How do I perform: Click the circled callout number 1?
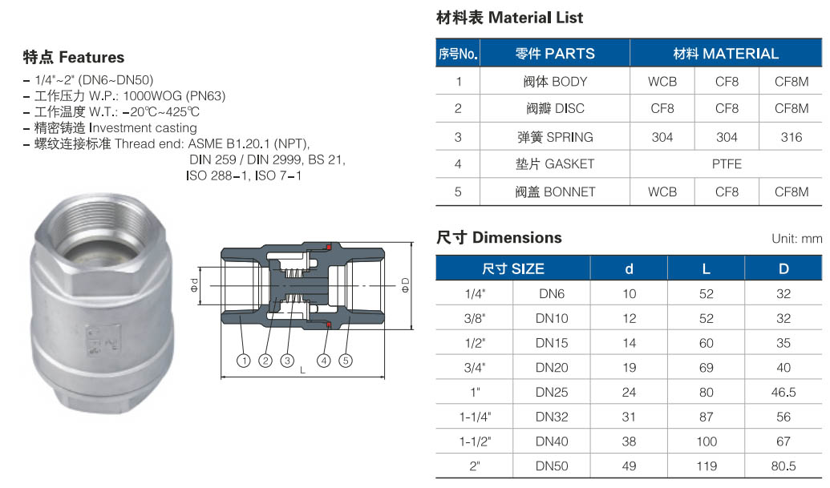click(x=244, y=361)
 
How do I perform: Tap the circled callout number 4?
click(x=323, y=361)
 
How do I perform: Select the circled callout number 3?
click(x=287, y=361)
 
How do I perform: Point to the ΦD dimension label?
click(x=406, y=285)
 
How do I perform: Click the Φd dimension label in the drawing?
click(x=194, y=285)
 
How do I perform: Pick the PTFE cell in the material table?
click(x=727, y=164)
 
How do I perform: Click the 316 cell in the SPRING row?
click(x=792, y=137)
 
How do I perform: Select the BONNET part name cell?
click(x=555, y=192)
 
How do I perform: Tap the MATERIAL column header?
click(x=726, y=54)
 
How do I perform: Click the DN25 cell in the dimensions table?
click(x=552, y=393)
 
